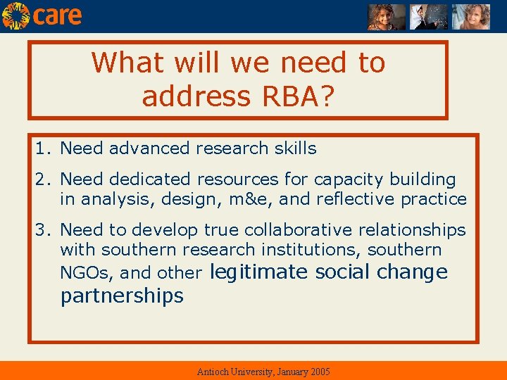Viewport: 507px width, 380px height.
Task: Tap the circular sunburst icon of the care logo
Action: click(16, 16)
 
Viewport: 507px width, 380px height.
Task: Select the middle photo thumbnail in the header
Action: click(429, 16)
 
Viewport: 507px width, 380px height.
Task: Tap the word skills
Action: click(294, 148)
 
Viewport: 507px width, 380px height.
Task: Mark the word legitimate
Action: click(258, 272)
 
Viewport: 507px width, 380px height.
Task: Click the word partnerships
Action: click(122, 296)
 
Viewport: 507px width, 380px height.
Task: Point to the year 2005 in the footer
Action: click(318, 372)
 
